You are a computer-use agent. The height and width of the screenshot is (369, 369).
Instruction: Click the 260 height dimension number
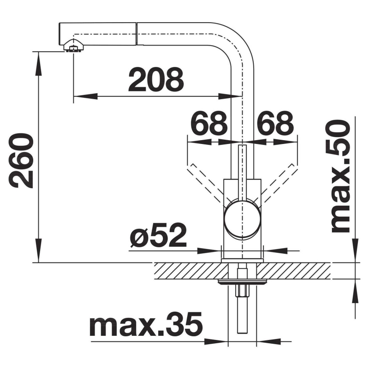[23, 160]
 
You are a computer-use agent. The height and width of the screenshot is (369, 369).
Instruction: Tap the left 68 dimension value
[210, 123]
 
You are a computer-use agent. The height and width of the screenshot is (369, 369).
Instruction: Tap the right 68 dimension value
[275, 123]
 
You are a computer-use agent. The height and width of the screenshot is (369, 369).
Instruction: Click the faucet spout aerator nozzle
[73, 47]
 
